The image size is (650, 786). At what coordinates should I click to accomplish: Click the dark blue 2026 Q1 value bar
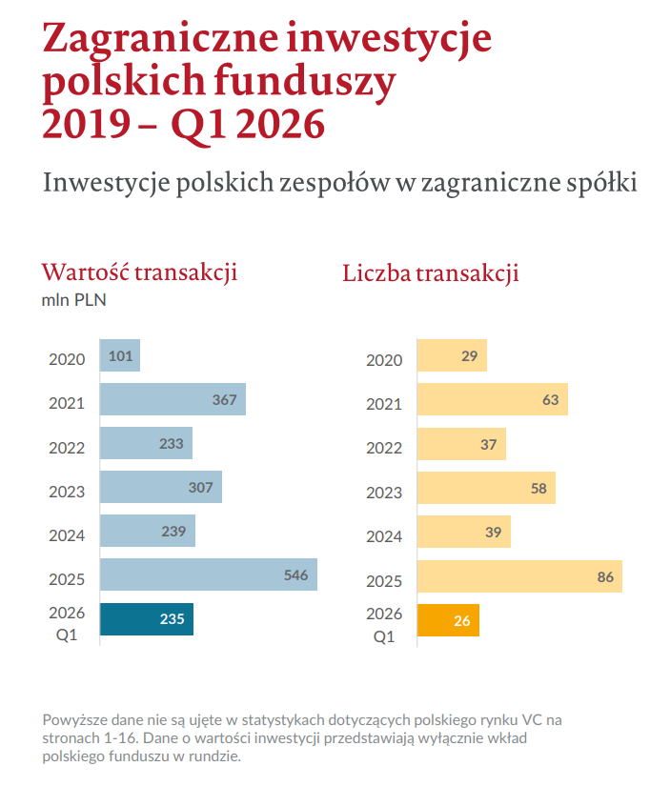147,619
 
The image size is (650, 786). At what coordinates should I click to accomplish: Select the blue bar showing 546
208,575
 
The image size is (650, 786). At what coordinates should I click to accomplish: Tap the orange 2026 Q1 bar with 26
448,620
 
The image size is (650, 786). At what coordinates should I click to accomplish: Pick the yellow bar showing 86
519,576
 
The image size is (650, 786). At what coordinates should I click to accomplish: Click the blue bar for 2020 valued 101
120,355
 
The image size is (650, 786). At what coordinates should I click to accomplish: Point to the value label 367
224,399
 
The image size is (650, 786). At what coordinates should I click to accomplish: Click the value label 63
550,399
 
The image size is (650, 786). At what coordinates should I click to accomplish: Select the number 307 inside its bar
200,487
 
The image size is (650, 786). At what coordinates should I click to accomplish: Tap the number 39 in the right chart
493,532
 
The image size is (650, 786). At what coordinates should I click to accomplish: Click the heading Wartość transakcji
139,272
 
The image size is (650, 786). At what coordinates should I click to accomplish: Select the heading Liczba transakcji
430,273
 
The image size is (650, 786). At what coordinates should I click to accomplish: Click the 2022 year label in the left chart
67,447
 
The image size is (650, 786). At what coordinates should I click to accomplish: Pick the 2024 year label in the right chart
384,536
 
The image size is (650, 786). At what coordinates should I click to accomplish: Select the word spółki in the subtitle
600,182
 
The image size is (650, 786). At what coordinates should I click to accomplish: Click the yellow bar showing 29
453,355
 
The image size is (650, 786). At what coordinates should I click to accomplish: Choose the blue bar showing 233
146,443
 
